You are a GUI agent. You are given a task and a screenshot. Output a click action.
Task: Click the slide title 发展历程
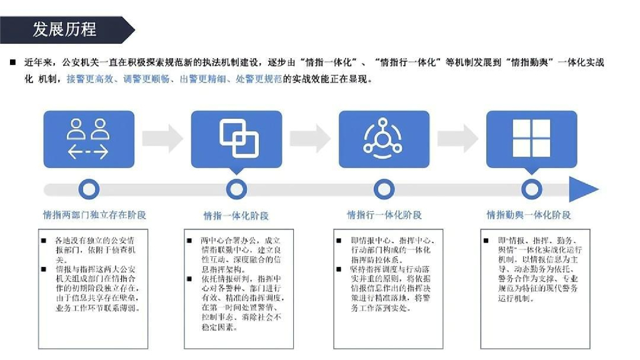click(64, 29)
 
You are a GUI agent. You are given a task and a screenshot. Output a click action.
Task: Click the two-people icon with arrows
click(88, 139)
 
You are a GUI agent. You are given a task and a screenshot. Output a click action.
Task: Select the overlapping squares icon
click(237, 139)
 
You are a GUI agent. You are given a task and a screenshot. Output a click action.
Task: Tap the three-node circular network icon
click(384, 139)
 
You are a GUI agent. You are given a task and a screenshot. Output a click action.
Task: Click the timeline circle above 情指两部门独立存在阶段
click(90, 189)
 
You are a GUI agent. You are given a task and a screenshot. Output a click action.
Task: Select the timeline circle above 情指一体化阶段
click(236, 189)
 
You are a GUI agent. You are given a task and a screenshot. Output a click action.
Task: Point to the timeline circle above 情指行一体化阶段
click(384, 189)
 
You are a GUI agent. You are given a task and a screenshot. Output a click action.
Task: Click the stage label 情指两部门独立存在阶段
click(94, 215)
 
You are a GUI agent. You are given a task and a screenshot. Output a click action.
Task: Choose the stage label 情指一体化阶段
click(236, 216)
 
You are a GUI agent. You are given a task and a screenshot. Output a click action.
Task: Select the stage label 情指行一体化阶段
click(384, 215)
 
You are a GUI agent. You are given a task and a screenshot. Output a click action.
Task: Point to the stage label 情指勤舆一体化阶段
click(529, 215)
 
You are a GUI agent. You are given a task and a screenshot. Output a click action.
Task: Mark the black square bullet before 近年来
click(12, 63)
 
